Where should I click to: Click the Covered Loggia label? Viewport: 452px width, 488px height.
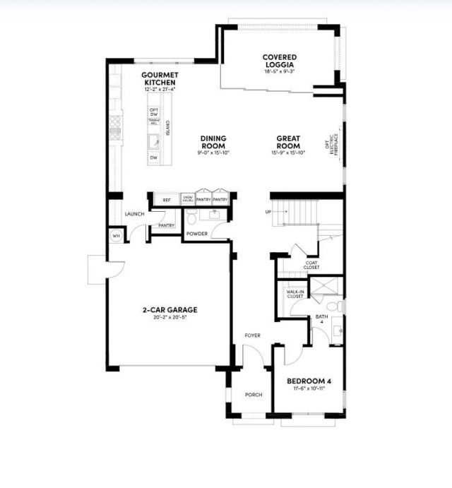coord(279,60)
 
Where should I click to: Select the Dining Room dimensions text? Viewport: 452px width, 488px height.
coord(215,153)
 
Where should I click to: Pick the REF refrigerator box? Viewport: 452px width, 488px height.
coord(167,200)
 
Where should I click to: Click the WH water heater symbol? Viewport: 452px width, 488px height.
coord(115,236)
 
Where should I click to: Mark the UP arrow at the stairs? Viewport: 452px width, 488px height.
coord(268,212)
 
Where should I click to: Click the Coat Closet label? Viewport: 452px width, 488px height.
coord(311,266)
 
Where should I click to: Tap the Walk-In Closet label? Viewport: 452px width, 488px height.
coord(295,293)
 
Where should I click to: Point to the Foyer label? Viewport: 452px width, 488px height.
coord(252,335)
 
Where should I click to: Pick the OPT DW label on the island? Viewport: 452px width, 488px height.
coord(153,112)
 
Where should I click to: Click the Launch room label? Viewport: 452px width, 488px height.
coord(134,213)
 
